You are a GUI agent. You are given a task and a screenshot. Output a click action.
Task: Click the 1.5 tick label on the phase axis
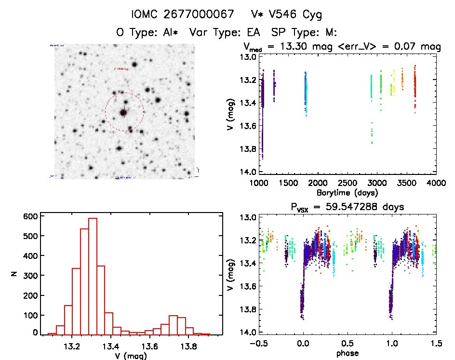(x=436, y=344)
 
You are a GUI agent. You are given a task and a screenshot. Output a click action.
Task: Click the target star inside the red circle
(x=124, y=112)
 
